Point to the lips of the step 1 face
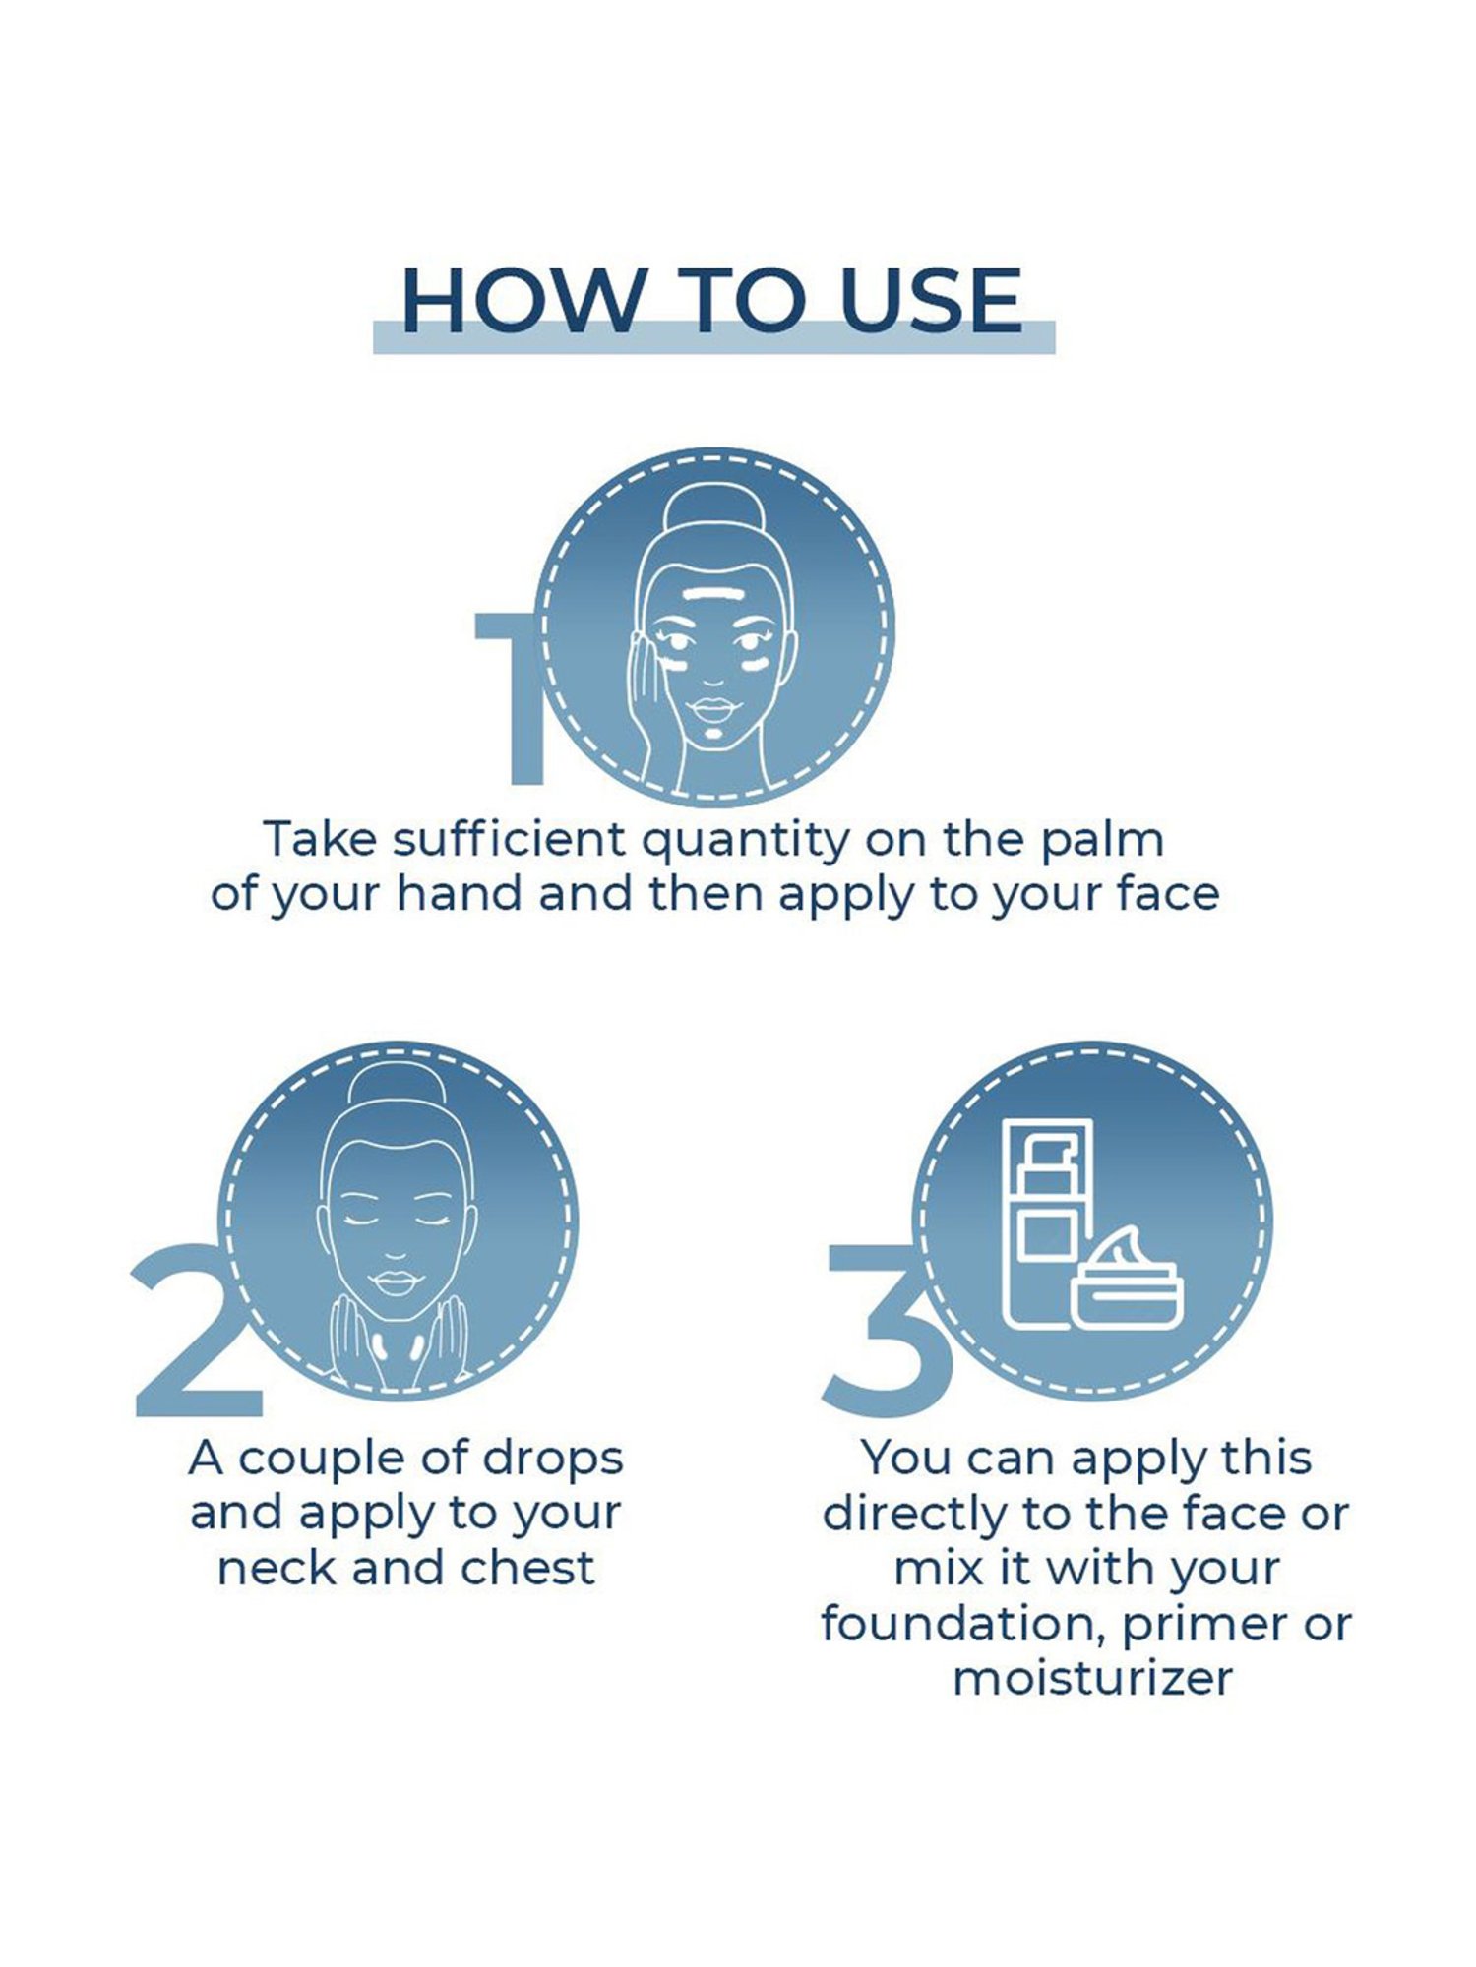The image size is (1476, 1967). (x=714, y=707)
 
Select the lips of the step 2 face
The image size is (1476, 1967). (x=396, y=1283)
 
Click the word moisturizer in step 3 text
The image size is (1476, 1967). (x=1091, y=1678)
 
